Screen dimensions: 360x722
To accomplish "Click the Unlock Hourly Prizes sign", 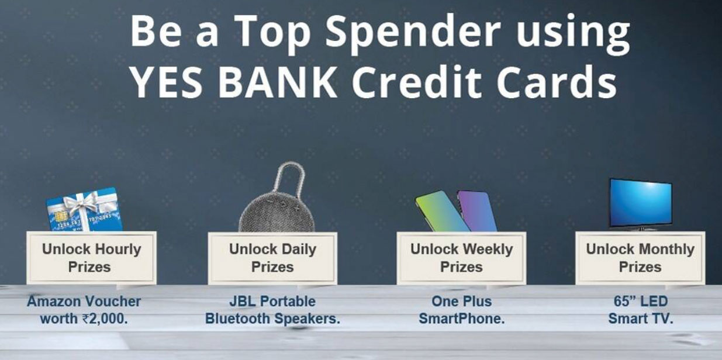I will click(x=91, y=258).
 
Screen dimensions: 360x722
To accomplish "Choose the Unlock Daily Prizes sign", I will click(x=272, y=258).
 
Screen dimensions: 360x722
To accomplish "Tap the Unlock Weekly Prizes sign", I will click(x=461, y=258).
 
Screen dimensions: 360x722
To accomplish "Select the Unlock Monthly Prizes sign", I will click(x=640, y=258).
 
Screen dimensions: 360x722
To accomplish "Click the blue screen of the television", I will click(x=640, y=202).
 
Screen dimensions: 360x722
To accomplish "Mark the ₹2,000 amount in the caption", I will click(x=105, y=319).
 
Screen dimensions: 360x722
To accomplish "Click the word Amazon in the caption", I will click(x=56, y=302).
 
